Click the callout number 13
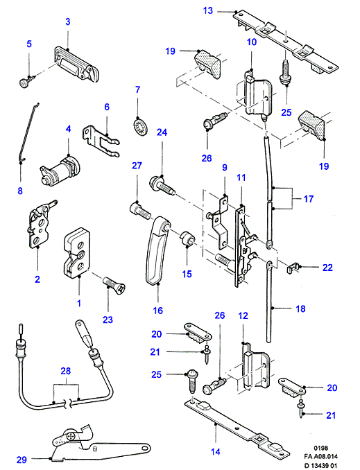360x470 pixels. click(x=208, y=11)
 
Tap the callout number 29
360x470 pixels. click(x=22, y=460)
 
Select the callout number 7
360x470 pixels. click(x=138, y=89)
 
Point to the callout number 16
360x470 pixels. click(x=157, y=311)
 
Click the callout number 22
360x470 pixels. click(x=327, y=268)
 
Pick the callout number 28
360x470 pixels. click(x=66, y=371)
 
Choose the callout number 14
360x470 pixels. click(x=216, y=451)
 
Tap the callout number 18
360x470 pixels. click(x=300, y=308)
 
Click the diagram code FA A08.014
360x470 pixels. click(x=320, y=457)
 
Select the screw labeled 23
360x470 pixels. click(x=114, y=285)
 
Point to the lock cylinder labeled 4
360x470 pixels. click(x=60, y=171)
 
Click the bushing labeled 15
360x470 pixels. click(x=187, y=238)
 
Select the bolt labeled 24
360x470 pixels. click(x=162, y=186)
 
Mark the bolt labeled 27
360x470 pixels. click(x=140, y=211)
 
